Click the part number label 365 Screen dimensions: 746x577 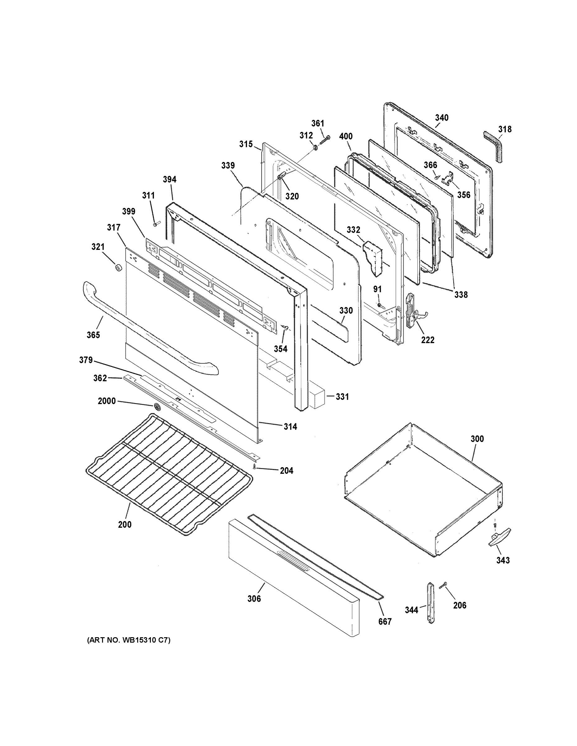click(93, 335)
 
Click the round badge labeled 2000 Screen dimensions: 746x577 click(156, 407)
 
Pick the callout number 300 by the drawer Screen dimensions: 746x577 click(477, 439)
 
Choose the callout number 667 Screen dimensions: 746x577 click(384, 621)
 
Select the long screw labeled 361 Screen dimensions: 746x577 click(325, 140)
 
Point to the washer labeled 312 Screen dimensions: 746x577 click(315, 147)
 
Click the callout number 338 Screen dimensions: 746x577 click(461, 294)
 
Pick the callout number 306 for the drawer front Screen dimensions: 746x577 click(254, 598)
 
